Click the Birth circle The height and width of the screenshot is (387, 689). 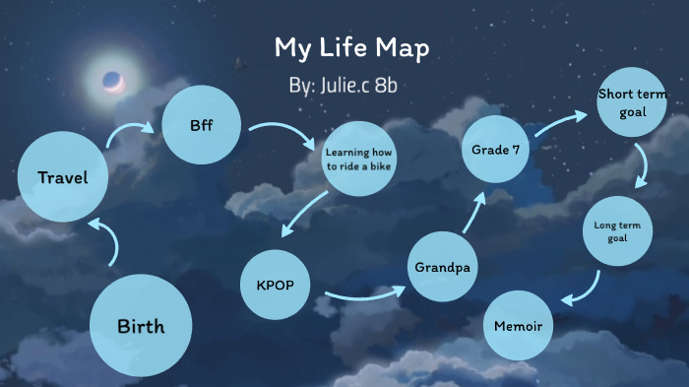pos(141,326)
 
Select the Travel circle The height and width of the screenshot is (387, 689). pos(63,178)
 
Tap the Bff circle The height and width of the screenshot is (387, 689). pos(202,125)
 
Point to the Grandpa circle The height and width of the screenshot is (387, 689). pos(443,267)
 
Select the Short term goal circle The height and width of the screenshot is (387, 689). pos(633,103)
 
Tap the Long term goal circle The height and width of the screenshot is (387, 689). pos(617,233)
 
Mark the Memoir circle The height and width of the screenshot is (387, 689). pos(519,324)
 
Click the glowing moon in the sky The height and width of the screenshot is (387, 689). pos(112,81)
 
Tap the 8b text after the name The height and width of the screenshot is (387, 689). pos(385,86)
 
